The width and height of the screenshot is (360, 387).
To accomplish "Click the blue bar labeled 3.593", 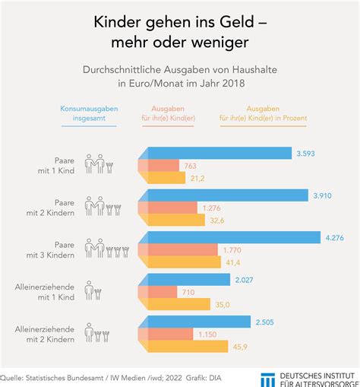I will click(x=216, y=153).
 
